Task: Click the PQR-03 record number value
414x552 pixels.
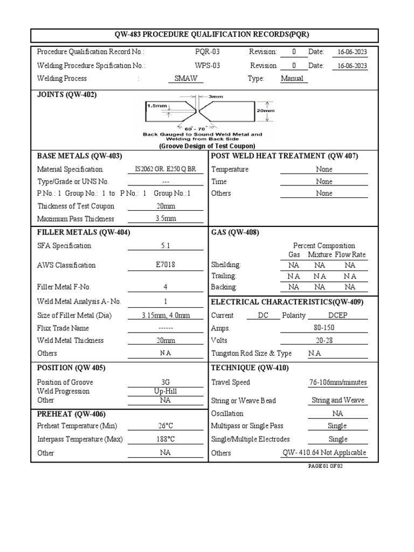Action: point(208,52)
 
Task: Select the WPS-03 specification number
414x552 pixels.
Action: point(208,65)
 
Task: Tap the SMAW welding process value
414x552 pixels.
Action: point(186,78)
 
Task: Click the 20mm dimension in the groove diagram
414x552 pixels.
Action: point(266,110)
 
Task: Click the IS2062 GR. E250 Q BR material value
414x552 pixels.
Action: point(165,169)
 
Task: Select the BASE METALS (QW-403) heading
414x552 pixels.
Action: point(79,156)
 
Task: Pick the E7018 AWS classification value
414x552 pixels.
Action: point(165,265)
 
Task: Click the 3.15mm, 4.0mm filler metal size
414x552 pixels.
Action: point(165,315)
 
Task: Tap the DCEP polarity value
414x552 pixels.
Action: point(338,315)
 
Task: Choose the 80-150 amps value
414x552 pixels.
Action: point(324,328)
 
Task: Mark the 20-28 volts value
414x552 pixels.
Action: point(324,341)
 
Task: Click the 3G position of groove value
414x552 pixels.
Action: point(165,382)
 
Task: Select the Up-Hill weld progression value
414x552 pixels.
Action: point(165,391)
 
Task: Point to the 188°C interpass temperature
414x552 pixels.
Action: point(165,439)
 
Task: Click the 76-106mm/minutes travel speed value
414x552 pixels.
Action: point(338,382)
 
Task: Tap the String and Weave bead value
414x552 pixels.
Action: point(338,400)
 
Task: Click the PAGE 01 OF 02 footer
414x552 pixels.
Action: point(325,466)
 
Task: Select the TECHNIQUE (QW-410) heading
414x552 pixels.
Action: point(250,368)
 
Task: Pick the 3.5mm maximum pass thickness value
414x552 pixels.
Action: point(165,219)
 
